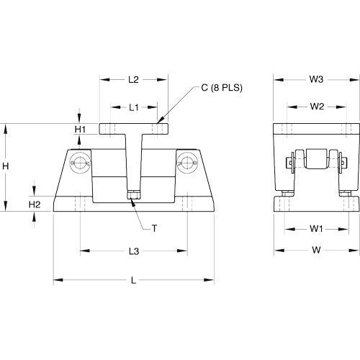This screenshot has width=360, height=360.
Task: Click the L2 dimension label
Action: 132,79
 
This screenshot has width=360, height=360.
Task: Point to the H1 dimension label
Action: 81,129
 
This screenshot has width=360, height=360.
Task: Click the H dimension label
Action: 6,166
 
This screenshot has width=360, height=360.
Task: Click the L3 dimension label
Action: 133,251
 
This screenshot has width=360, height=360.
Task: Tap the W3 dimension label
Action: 316,79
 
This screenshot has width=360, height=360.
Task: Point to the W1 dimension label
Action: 316,229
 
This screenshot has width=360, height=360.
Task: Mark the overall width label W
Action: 316,251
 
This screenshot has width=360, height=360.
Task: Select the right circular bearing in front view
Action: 187,163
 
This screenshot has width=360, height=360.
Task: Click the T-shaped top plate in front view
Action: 133,130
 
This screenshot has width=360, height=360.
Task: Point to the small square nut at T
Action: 133,194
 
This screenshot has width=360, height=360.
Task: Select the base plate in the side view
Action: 317,203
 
